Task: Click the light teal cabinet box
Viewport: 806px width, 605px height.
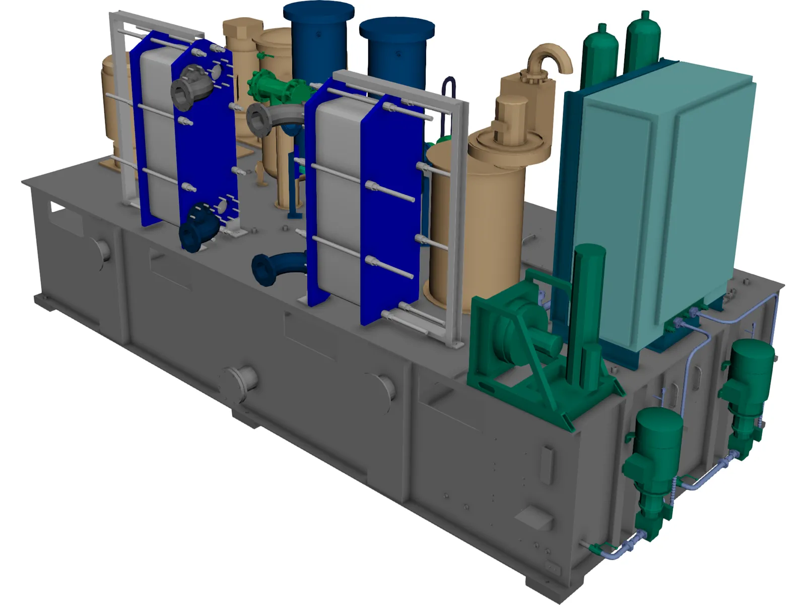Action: click(x=670, y=202)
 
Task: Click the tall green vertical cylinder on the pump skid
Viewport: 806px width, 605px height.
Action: click(x=587, y=308)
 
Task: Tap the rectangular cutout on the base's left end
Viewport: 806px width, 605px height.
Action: click(x=57, y=207)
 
